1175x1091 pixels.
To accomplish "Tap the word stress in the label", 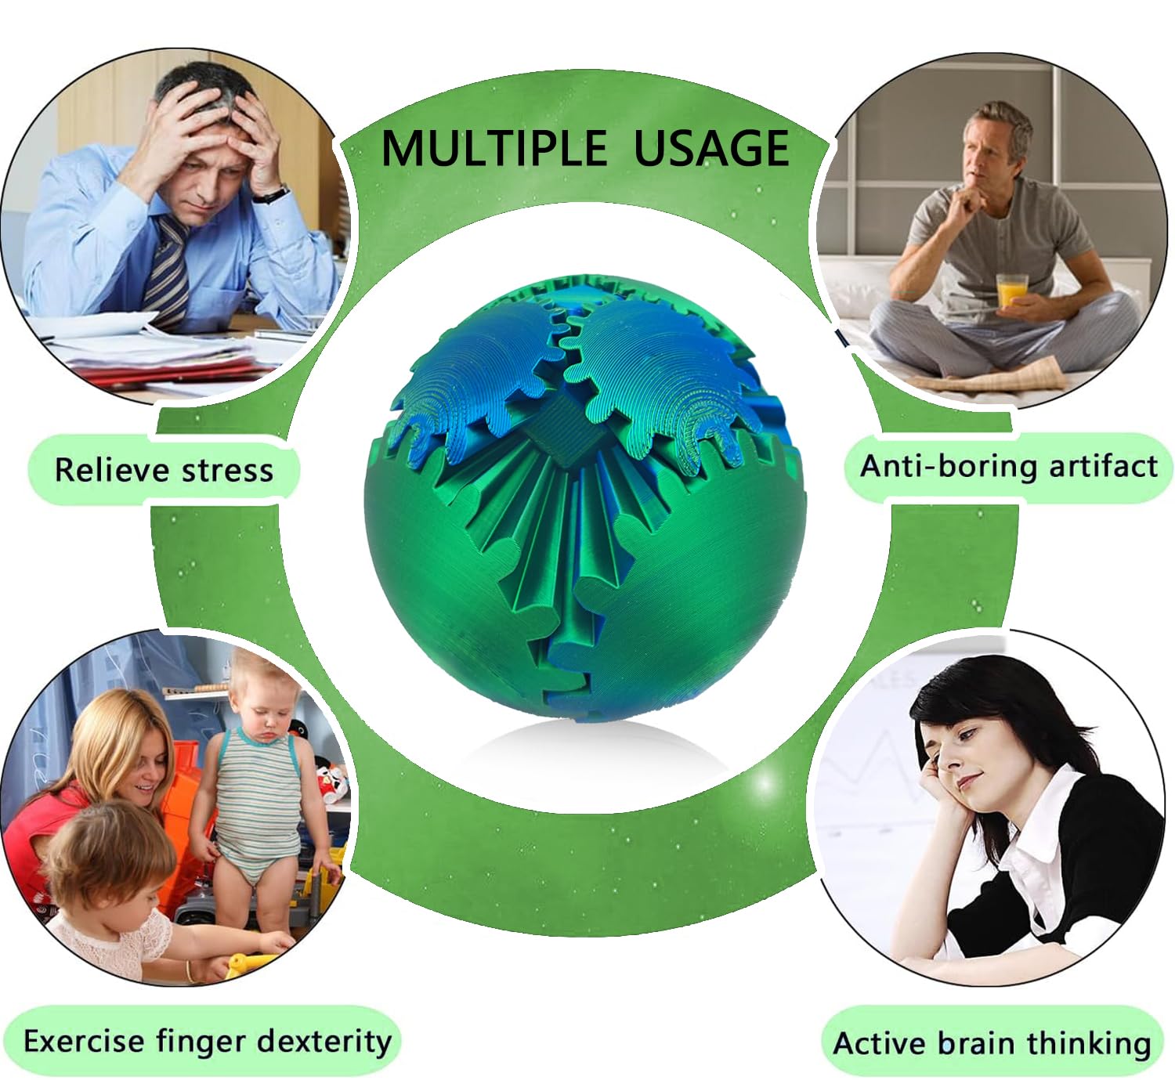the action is tap(227, 471).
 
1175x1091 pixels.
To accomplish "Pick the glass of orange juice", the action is tap(1012, 291).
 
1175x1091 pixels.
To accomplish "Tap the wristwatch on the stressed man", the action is tap(273, 194).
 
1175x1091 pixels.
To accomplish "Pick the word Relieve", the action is tap(113, 471).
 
